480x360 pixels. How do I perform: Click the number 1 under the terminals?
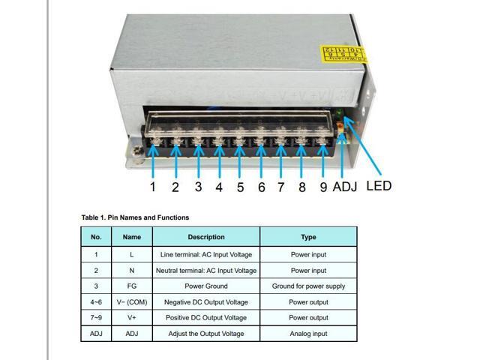pos(152,187)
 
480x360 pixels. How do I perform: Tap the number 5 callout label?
pos(240,187)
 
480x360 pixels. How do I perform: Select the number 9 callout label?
pos(323,187)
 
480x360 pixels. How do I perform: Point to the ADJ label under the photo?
pos(346,187)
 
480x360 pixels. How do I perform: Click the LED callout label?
pos(379,185)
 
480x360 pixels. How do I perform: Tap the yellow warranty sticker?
pos(341,54)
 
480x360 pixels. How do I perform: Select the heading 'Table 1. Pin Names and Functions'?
pos(135,217)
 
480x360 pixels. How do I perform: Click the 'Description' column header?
pos(206,237)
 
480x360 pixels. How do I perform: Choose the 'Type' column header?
pos(308,237)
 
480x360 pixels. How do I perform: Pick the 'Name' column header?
pos(132,237)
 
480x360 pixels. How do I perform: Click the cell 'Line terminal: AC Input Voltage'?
pos(206,254)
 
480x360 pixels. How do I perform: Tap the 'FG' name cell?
pos(132,286)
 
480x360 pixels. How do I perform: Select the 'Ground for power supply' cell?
pos(308,286)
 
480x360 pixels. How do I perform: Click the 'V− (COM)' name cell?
pos(132,302)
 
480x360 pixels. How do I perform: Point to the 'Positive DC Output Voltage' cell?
pos(206,318)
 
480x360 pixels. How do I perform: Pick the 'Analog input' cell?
pos(308,334)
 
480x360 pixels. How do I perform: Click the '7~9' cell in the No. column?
pos(96,318)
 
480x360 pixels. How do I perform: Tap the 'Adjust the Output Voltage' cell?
pos(206,334)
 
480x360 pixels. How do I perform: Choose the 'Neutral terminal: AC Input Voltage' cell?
pos(206,270)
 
